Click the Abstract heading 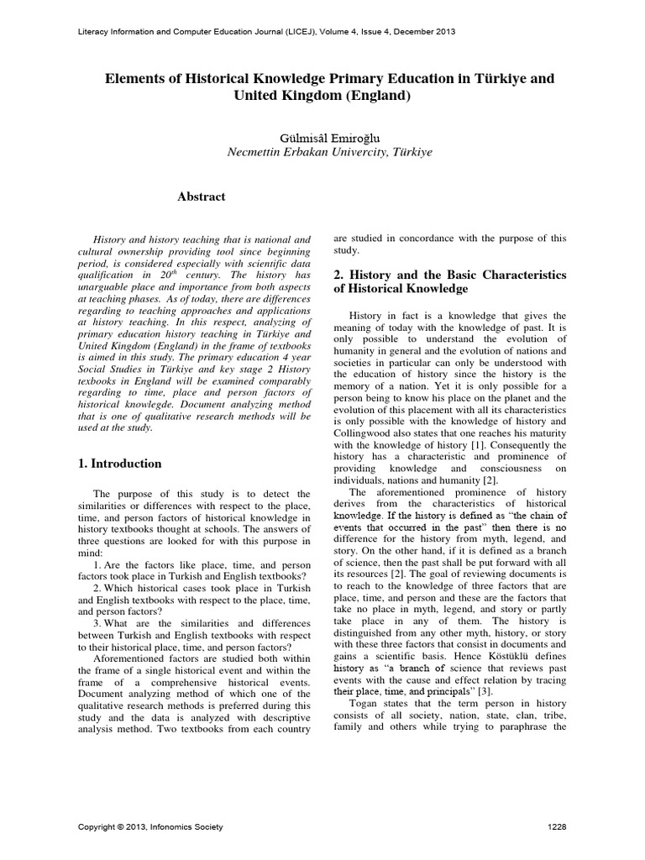202,197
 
